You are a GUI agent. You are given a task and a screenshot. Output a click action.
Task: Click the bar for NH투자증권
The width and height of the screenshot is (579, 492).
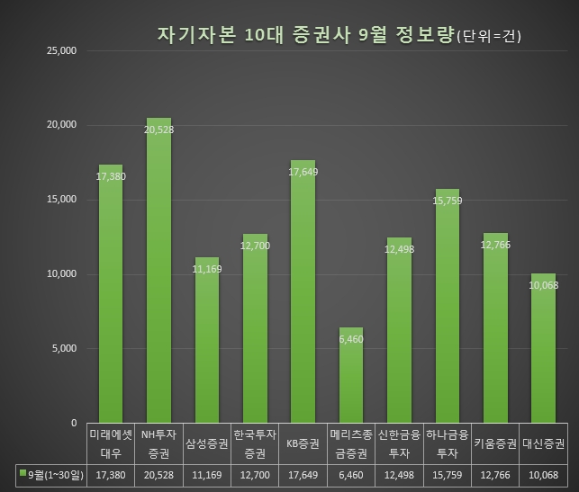(x=158, y=270)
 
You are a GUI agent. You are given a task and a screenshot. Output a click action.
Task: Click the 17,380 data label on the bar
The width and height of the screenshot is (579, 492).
(x=111, y=176)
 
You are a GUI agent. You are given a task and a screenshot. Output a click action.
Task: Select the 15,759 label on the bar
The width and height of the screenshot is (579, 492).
(x=448, y=201)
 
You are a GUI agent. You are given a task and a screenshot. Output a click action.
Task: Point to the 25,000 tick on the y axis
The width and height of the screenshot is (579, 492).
(x=62, y=50)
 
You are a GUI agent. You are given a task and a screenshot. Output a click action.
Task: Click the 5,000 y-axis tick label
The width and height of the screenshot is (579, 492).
(x=65, y=348)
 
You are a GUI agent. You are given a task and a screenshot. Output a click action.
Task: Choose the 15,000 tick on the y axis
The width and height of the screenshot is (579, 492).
(x=62, y=200)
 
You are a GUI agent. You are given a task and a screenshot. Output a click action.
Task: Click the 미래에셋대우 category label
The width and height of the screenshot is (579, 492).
(x=111, y=443)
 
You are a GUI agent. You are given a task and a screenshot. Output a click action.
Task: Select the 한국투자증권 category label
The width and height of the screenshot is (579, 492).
(x=255, y=443)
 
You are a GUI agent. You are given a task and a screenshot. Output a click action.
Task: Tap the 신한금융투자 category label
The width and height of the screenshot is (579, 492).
(x=399, y=443)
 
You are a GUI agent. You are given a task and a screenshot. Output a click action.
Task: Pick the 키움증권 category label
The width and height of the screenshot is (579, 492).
(x=495, y=443)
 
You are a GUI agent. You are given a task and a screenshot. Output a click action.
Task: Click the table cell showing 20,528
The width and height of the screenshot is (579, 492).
(x=158, y=473)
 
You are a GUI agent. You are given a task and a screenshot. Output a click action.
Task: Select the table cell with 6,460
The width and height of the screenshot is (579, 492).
(x=351, y=473)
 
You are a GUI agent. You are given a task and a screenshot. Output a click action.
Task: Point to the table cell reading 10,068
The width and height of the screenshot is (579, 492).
(x=543, y=473)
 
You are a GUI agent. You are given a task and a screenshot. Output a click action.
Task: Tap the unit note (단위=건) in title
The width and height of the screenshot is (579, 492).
(x=489, y=37)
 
